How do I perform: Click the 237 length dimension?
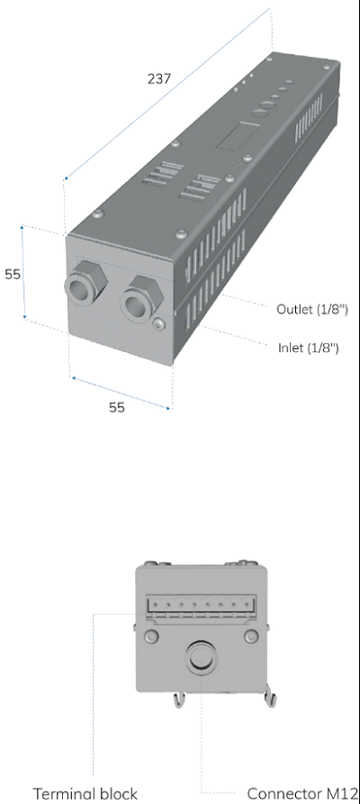pyautogui.click(x=159, y=78)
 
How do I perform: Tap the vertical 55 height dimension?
pyautogui.click(x=13, y=275)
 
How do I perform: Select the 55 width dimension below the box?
pyautogui.click(x=117, y=407)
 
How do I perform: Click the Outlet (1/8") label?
pyautogui.click(x=312, y=309)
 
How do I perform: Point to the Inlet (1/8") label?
pyautogui.click(x=309, y=348)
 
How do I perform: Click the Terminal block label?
pyautogui.click(x=85, y=794)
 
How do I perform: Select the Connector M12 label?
pyautogui.click(x=302, y=794)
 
